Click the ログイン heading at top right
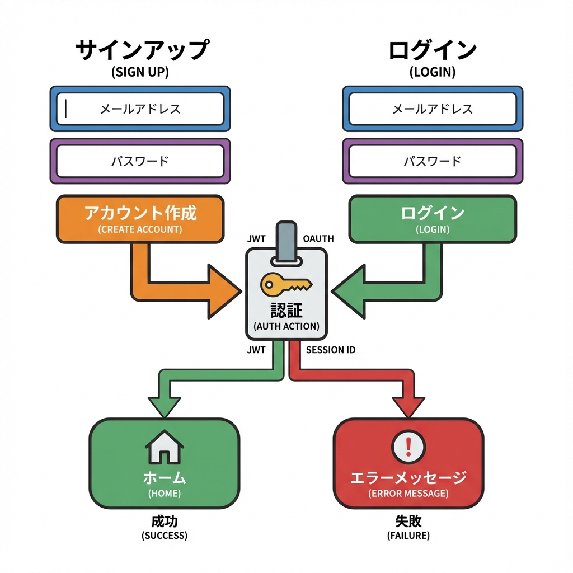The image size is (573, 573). [x=432, y=50]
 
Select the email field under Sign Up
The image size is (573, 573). [x=140, y=109]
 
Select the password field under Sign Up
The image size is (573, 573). [x=140, y=162]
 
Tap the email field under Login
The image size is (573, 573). [x=432, y=109]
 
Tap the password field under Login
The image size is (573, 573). [x=432, y=162]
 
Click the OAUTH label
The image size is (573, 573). [x=318, y=239]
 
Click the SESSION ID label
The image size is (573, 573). [x=331, y=350]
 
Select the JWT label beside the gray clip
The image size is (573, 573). [x=256, y=239]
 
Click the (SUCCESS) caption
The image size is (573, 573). [x=165, y=536]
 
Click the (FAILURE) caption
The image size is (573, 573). [x=408, y=536]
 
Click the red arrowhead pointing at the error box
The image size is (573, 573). [x=408, y=407]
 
